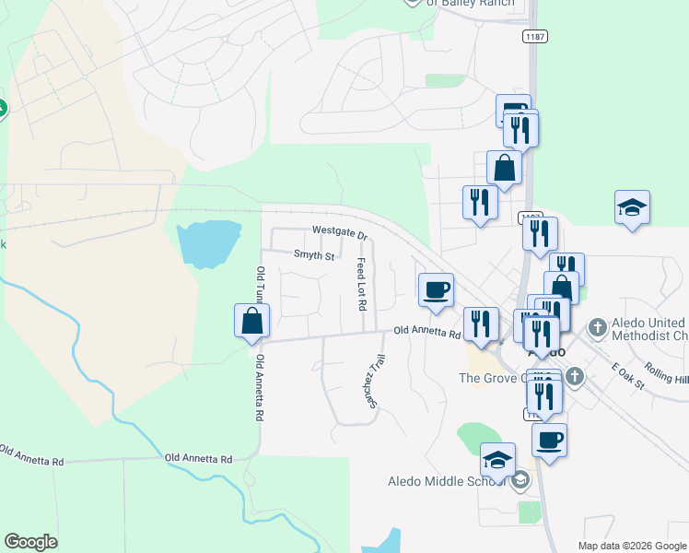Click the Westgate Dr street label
point(339,231)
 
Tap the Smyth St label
point(313,254)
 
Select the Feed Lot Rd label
point(362,284)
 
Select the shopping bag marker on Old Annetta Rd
point(251,321)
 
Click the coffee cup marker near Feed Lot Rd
point(436,290)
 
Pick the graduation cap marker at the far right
point(633,207)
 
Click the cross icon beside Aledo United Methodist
point(597,326)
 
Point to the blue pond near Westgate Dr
point(206,241)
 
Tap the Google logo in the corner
point(30,542)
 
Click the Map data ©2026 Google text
point(631,546)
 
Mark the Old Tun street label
point(261,288)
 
